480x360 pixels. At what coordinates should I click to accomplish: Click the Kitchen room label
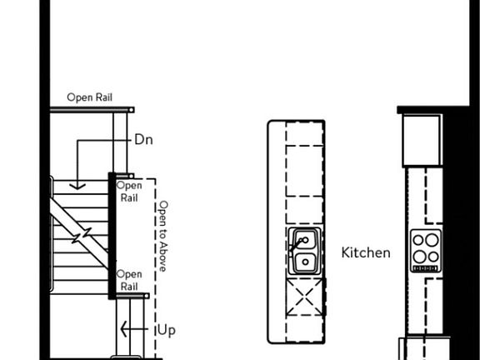click(x=366, y=252)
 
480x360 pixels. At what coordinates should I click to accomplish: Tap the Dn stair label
click(x=143, y=140)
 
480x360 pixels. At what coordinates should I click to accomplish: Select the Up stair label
click(x=167, y=331)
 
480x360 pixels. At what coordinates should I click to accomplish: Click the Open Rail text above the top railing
click(x=90, y=97)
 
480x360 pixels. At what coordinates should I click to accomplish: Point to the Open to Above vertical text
click(x=162, y=236)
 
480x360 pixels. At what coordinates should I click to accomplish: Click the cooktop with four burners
click(x=426, y=251)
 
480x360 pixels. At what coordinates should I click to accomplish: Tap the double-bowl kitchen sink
click(x=305, y=251)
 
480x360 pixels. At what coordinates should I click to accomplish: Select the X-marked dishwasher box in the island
click(x=305, y=297)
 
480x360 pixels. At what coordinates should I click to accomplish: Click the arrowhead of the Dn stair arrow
click(x=77, y=186)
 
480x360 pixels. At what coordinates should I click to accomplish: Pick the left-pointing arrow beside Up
click(x=134, y=329)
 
